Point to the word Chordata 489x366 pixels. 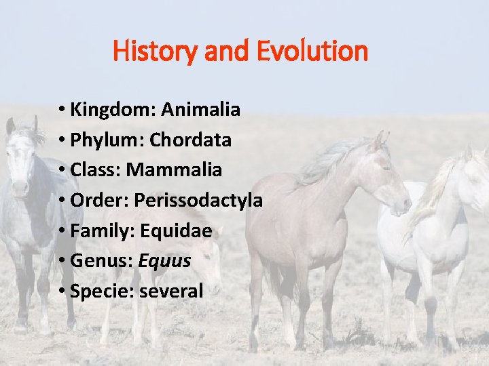click(x=190, y=140)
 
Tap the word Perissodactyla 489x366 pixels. click(x=198, y=201)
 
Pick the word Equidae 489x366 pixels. click(x=176, y=231)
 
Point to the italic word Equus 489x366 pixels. click(x=166, y=261)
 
